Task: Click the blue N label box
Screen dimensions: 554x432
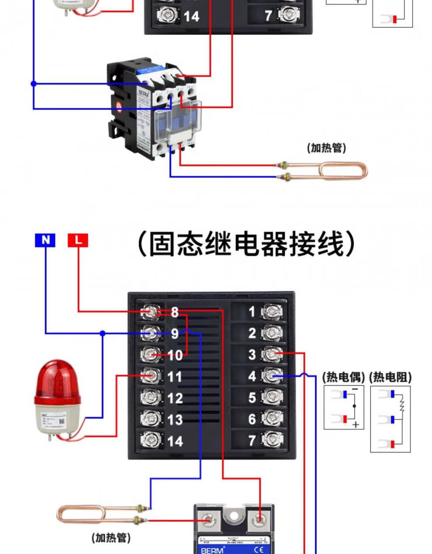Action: click(x=45, y=240)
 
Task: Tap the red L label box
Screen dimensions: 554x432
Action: click(x=78, y=240)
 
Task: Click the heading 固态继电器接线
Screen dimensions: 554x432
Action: click(x=246, y=244)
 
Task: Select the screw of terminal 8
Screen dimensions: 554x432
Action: click(x=150, y=312)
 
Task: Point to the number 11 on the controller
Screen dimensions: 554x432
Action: click(x=175, y=377)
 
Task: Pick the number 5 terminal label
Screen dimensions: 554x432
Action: click(x=252, y=398)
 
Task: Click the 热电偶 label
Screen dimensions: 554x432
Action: click(x=343, y=377)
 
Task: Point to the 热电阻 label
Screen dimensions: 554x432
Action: click(x=390, y=377)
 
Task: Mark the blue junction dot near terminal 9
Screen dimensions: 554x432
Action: click(x=103, y=333)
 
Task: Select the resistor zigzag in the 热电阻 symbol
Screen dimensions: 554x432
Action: click(x=402, y=406)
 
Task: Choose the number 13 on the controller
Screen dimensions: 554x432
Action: click(x=175, y=419)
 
